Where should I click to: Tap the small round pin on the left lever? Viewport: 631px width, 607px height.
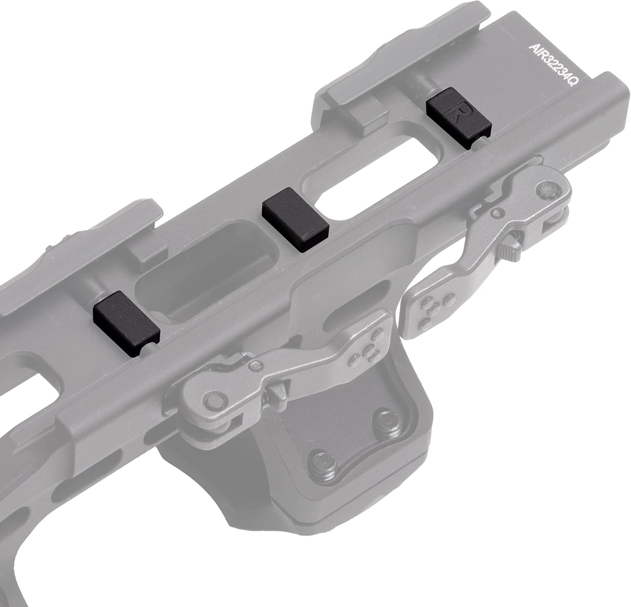[x=255, y=365]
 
